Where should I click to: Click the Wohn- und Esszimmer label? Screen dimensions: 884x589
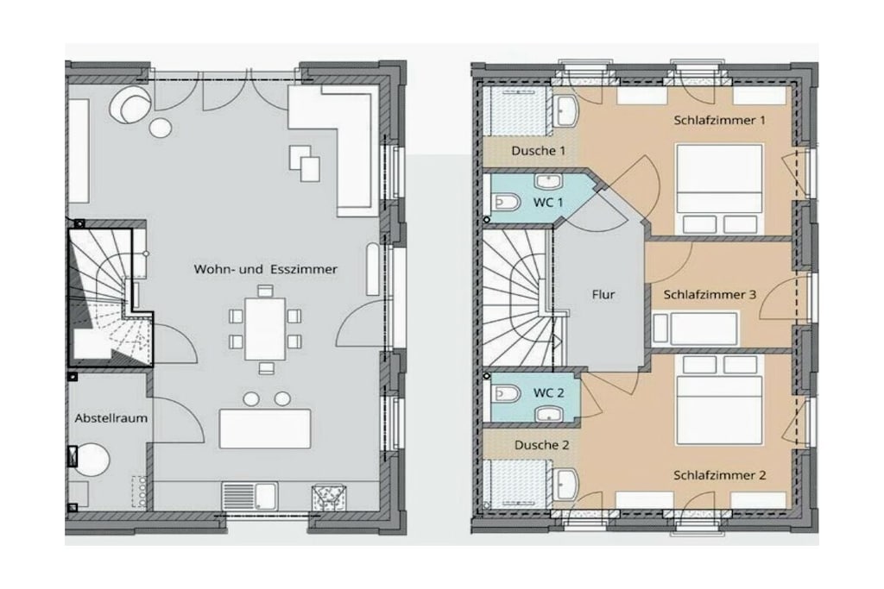point(266,269)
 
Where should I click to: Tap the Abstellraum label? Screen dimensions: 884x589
point(111,418)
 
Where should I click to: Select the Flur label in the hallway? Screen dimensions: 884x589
point(603,295)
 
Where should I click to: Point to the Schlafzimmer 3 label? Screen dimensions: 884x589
point(710,295)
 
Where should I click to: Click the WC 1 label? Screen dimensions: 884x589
point(548,202)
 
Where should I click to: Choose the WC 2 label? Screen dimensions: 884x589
point(548,393)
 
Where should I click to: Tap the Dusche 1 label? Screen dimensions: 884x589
point(538,151)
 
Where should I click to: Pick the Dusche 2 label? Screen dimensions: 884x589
point(542,445)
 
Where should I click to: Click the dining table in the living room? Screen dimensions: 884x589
point(265,329)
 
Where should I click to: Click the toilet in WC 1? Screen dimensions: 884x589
point(505,202)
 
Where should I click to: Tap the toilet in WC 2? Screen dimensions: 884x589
point(505,393)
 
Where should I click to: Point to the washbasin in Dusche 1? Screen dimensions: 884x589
point(565,110)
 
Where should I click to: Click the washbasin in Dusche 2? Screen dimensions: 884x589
point(565,485)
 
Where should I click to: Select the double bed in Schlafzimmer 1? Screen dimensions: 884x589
point(719,189)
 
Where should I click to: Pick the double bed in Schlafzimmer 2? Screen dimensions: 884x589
point(719,399)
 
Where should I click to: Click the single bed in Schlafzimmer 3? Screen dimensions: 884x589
point(695,329)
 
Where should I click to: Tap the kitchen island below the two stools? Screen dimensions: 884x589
point(265,429)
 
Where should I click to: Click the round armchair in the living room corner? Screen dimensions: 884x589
point(131,105)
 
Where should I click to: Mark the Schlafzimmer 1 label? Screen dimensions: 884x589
point(720,120)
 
